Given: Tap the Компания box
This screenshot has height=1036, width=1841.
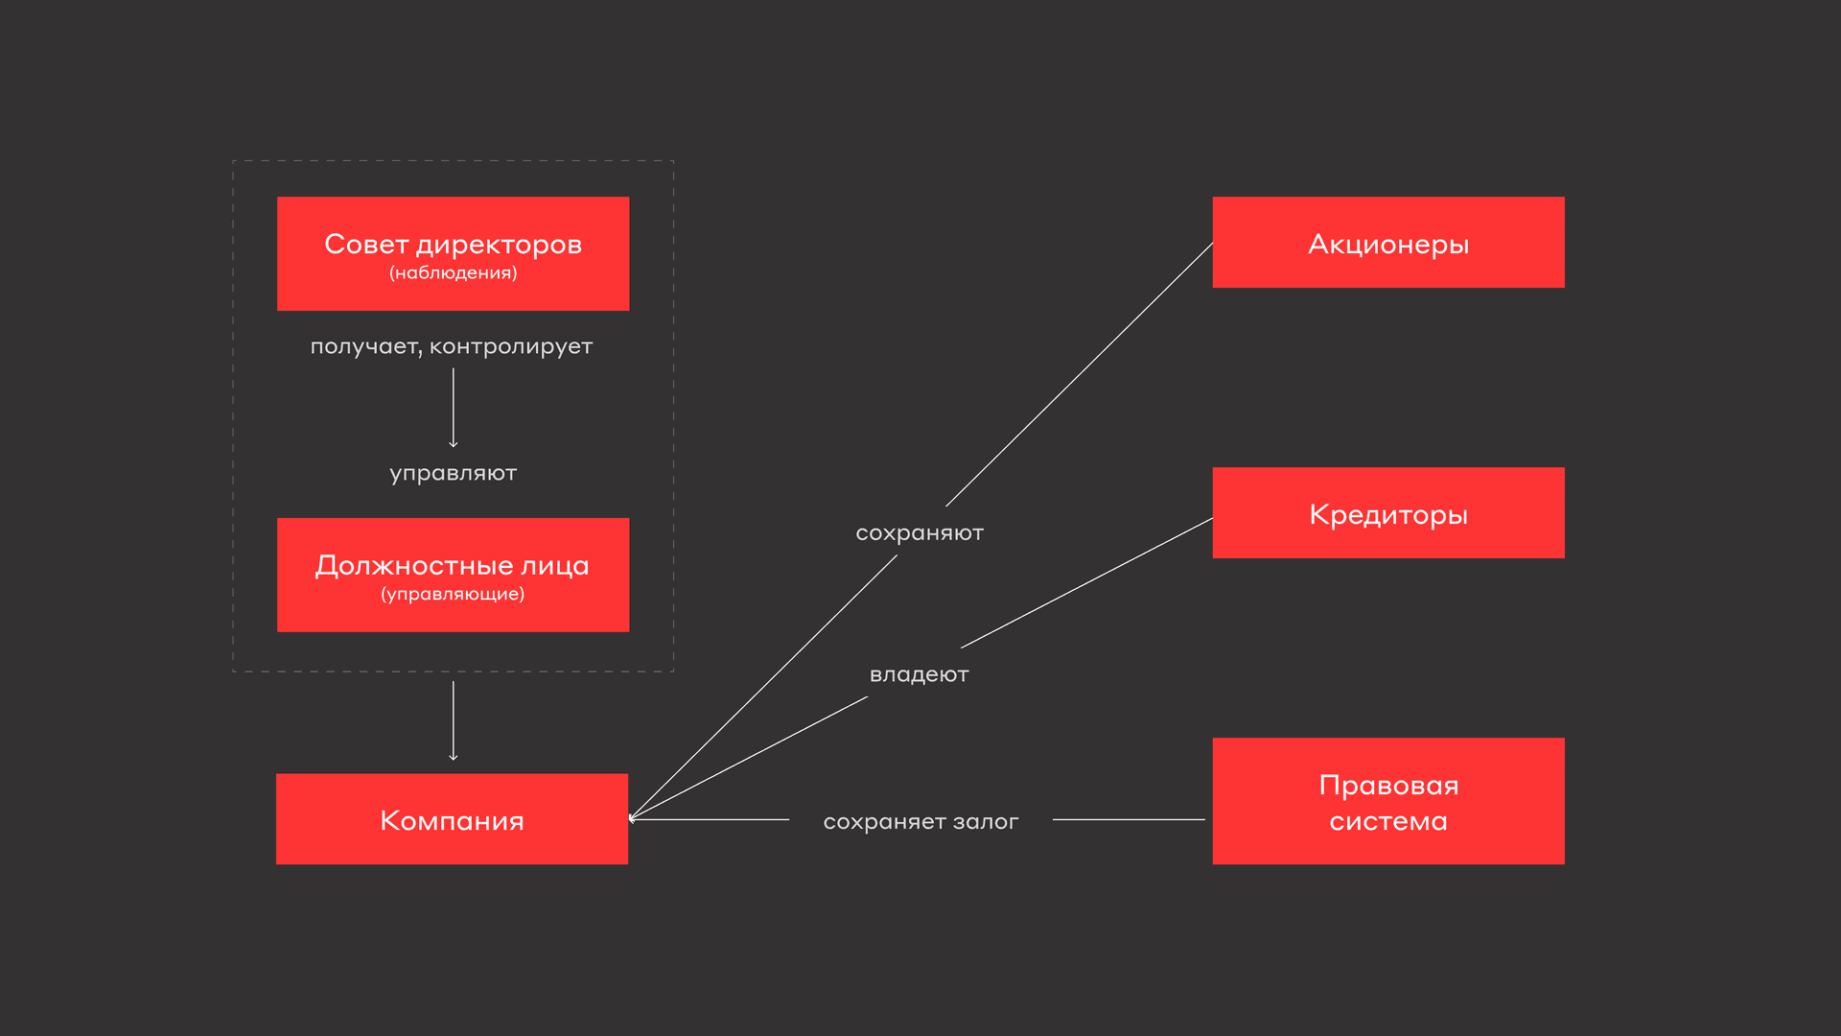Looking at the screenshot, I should click(x=452, y=819).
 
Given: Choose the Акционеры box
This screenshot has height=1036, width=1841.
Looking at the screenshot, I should click(x=1387, y=243).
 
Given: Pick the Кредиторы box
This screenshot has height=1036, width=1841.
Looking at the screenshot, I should click(x=1387, y=513).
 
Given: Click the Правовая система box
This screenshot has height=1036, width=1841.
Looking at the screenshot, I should click(x=1387, y=801).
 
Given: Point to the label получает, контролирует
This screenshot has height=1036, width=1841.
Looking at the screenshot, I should click(x=451, y=346).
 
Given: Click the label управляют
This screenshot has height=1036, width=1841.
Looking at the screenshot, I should click(x=453, y=473).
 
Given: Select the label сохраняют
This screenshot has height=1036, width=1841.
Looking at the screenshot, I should click(x=919, y=532).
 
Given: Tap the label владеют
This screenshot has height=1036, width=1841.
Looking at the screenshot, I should click(x=919, y=674).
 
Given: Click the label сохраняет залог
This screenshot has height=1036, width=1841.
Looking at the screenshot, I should click(x=920, y=821).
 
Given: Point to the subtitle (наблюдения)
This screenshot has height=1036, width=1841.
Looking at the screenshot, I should click(x=453, y=273).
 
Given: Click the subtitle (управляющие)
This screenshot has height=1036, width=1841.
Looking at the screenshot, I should click(x=453, y=594).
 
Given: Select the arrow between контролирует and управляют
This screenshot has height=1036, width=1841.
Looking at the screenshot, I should click(x=454, y=408).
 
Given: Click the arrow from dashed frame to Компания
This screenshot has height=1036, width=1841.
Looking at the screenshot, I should click(x=454, y=719).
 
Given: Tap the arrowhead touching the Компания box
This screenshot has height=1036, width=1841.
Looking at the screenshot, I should click(x=633, y=818).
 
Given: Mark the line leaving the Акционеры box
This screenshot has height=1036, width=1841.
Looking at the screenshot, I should click(x=1079, y=375).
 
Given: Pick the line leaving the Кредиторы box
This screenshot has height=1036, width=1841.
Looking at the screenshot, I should click(x=1086, y=583).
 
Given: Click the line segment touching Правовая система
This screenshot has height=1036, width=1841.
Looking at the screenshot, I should click(x=1129, y=819).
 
